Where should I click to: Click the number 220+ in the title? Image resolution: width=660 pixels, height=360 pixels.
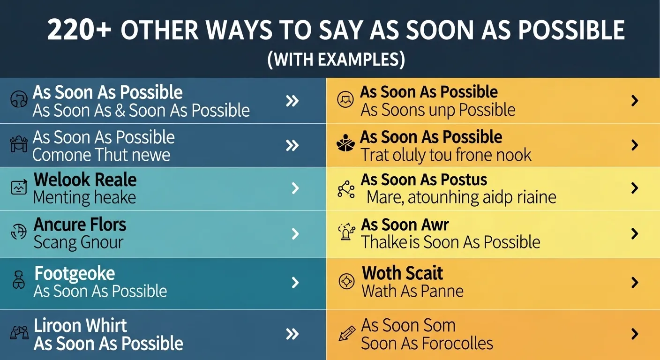click(x=79, y=31)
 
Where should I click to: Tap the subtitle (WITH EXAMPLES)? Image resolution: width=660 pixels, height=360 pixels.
click(x=336, y=60)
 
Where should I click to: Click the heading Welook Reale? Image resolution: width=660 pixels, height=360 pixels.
click(x=85, y=180)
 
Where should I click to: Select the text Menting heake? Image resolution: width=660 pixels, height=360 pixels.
click(x=84, y=198)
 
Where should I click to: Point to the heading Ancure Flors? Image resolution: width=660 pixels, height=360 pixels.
click(x=80, y=225)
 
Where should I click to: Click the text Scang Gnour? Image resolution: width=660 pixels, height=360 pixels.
click(x=78, y=243)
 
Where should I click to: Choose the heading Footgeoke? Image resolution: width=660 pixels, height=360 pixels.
click(x=75, y=273)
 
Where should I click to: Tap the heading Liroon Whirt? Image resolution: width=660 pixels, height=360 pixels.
click(x=80, y=325)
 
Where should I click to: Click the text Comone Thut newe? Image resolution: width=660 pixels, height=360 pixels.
click(x=101, y=155)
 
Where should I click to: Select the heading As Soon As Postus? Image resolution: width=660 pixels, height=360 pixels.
click(x=424, y=180)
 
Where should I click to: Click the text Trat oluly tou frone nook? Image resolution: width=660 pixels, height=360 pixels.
click(x=446, y=155)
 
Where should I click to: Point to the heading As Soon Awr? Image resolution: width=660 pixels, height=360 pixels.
click(x=405, y=225)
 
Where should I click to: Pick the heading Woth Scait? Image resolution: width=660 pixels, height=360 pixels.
click(x=402, y=273)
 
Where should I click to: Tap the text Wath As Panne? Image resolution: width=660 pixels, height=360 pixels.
click(x=412, y=291)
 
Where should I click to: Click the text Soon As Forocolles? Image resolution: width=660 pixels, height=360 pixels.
click(x=427, y=343)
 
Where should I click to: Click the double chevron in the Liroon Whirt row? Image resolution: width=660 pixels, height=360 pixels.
click(x=292, y=334)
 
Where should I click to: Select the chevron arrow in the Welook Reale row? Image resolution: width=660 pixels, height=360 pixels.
click(x=295, y=188)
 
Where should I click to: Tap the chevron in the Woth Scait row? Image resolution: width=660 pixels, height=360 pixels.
click(x=635, y=282)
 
